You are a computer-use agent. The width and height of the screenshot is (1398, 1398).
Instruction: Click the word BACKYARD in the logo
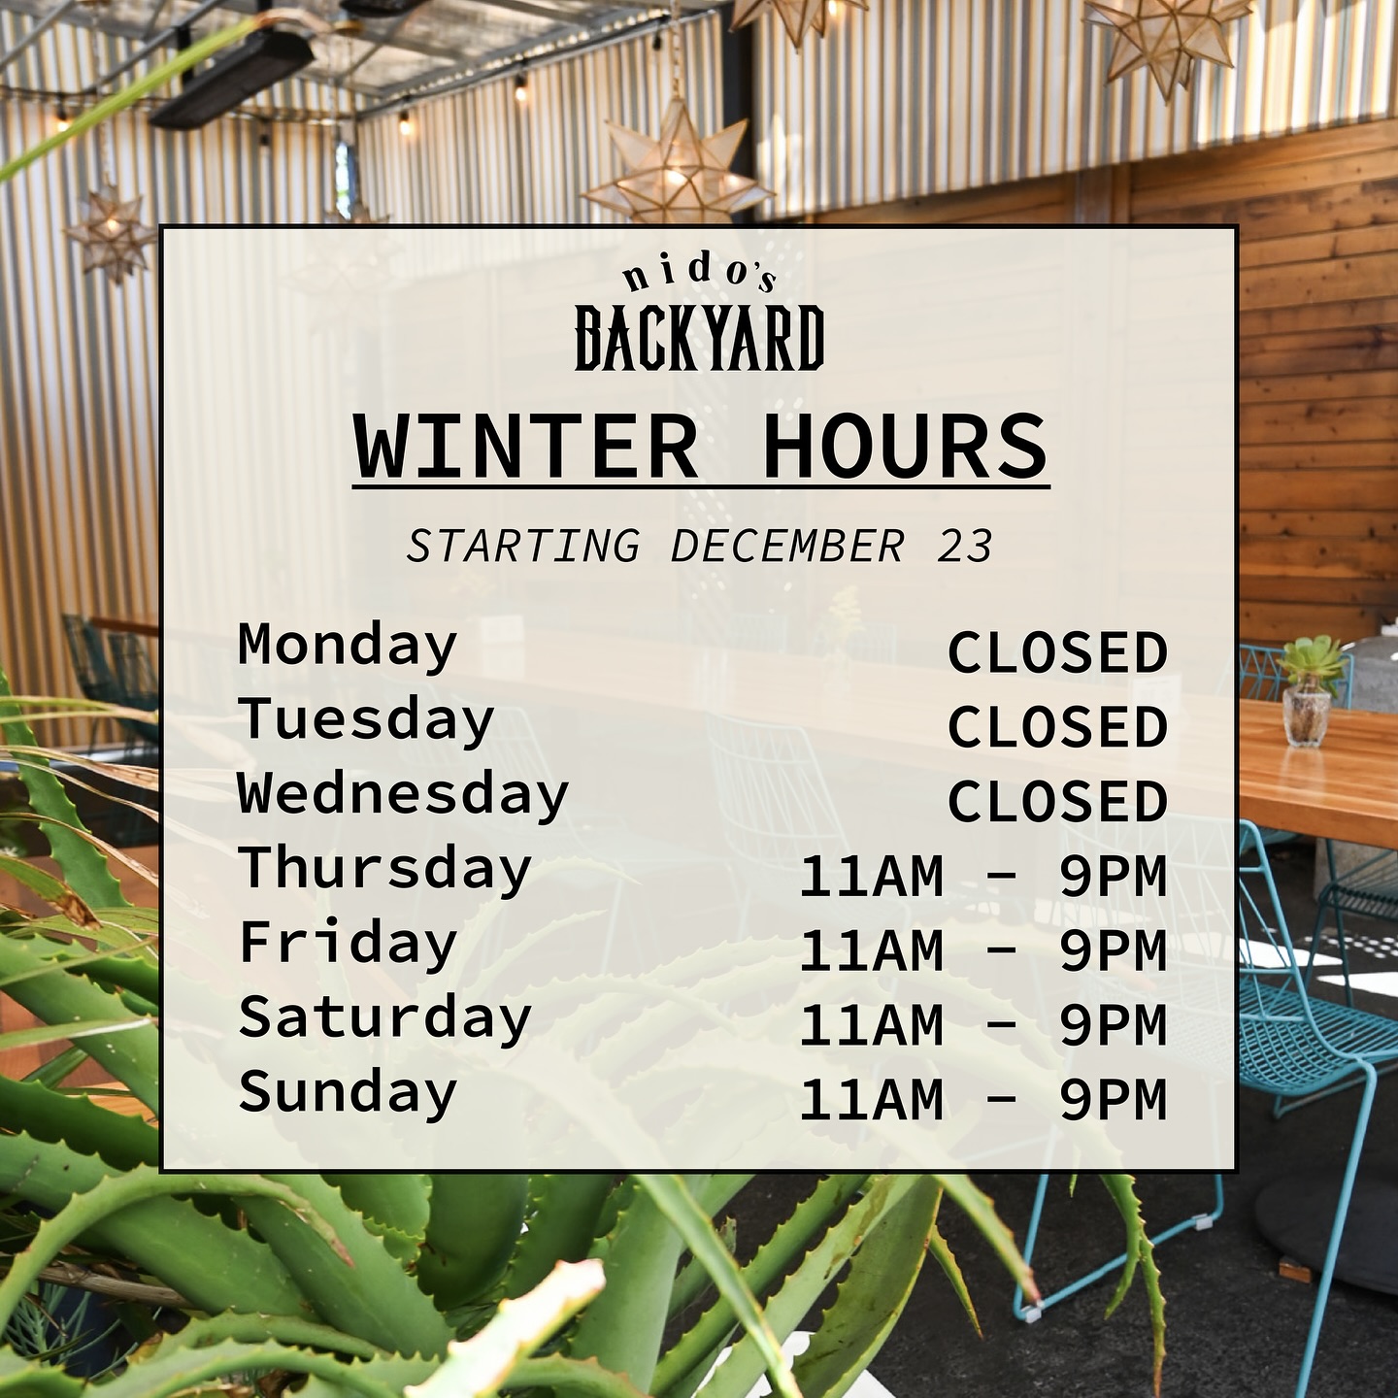point(699,338)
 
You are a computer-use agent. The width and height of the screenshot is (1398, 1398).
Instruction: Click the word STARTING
point(523,546)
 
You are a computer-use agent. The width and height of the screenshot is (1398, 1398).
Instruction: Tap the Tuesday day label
point(366,721)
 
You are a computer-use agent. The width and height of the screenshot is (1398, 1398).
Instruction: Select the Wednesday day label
point(403,795)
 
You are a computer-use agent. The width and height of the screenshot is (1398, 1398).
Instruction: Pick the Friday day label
point(348,944)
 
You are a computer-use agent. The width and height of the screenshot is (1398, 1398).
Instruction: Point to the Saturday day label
point(384,1018)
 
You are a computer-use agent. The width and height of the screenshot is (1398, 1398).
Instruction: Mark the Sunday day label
point(348,1093)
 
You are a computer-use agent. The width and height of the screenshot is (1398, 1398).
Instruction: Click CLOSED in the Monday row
point(1057,653)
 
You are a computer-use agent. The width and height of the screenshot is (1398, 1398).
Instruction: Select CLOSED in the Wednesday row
point(1057,802)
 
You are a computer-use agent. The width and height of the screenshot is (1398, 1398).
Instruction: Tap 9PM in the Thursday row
point(1113,877)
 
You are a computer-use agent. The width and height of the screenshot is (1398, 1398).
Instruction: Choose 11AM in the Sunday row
point(871,1100)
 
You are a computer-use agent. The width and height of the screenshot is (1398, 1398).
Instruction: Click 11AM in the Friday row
point(871,951)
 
